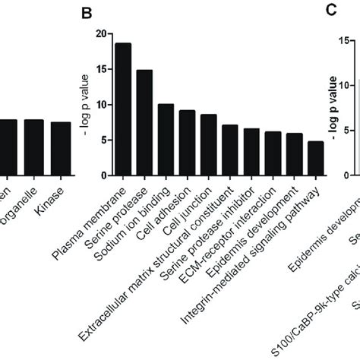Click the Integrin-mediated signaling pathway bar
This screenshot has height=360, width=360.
tap(314, 152)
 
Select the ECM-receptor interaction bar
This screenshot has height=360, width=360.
tap(272, 147)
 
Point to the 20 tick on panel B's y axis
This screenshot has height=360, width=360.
tap(101, 34)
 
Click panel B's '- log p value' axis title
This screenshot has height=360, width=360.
tap(85, 99)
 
